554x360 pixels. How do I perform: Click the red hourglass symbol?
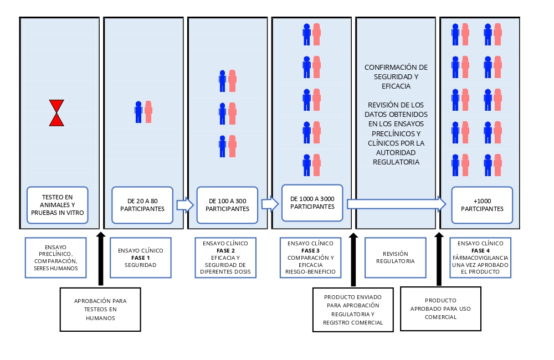tap(57, 113)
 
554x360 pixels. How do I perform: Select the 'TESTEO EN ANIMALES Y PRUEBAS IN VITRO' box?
tap(58, 205)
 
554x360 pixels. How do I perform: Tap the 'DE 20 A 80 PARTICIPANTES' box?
tap(142, 205)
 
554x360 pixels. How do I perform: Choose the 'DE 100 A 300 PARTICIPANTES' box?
tap(227, 205)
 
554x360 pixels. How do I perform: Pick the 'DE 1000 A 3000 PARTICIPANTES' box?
tap(312, 203)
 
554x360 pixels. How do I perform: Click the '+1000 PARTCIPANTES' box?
tap(482, 205)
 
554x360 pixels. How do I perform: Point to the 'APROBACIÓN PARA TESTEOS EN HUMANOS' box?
tap(100, 309)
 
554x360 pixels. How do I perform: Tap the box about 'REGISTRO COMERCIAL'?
tap(353, 310)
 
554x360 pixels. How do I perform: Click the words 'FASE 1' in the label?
tap(141, 258)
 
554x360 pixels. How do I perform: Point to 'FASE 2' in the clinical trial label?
tap(225, 250)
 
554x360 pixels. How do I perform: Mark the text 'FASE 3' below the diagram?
tap(310, 250)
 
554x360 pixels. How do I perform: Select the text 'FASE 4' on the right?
tap(481, 250)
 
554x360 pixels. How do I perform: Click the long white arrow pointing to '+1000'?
tap(396, 204)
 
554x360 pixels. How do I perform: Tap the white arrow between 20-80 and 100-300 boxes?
tap(184, 205)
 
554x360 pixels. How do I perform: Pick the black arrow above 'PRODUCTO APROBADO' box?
tap(439, 259)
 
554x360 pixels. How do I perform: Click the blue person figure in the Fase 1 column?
tap(138, 112)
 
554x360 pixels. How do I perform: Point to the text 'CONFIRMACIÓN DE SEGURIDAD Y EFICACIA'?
tap(396, 77)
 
